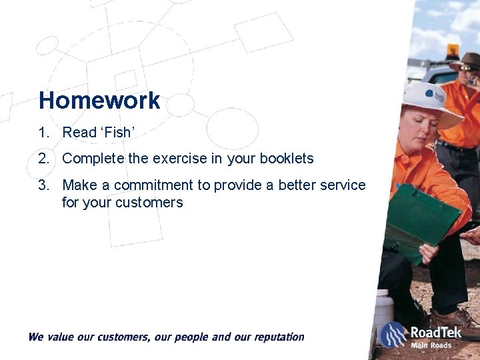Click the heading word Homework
coord(99,101)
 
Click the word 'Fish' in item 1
coord(119,133)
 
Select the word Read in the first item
coord(79,133)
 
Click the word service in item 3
coord(343,185)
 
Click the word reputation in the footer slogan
coord(274,337)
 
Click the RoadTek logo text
coord(436,332)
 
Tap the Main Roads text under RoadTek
coord(431,345)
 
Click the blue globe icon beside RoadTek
coord(394,334)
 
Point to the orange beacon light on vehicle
coord(453,51)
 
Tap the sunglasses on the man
coord(469,68)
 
